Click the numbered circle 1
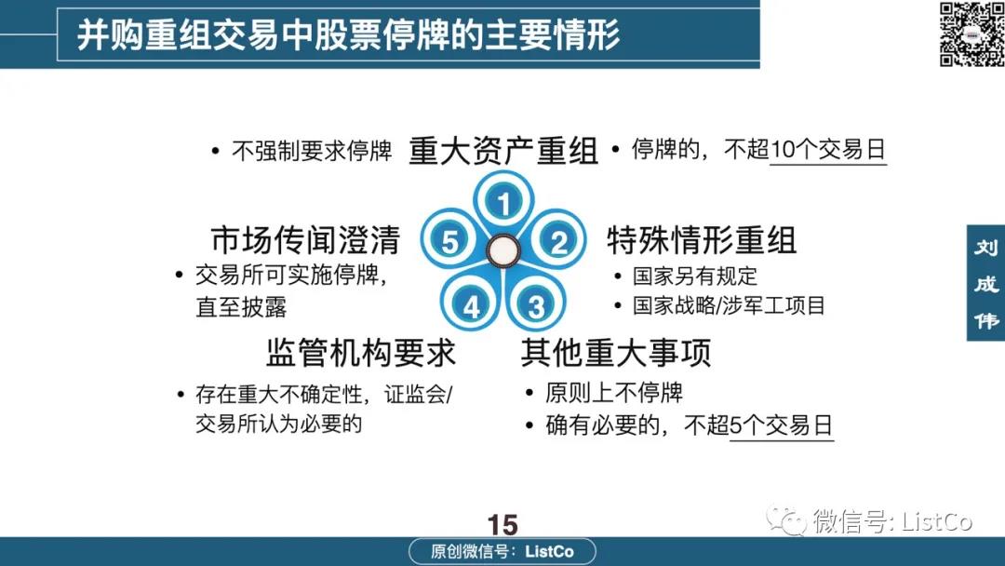click(503, 202)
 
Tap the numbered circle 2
click(558, 241)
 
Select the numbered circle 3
click(536, 305)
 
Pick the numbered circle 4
click(471, 305)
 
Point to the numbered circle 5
click(449, 241)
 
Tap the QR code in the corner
click(971, 34)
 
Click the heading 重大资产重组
click(503, 152)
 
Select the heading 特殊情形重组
click(702, 240)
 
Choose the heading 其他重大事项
click(616, 352)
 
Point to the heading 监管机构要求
click(361, 352)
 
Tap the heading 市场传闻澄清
click(305, 240)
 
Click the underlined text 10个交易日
click(828, 150)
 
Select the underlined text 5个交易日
click(782, 425)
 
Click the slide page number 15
click(502, 525)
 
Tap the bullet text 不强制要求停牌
click(312, 151)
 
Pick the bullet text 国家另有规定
click(695, 276)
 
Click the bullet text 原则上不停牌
click(614, 392)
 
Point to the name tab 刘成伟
click(985, 283)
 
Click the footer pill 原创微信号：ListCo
click(502, 551)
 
